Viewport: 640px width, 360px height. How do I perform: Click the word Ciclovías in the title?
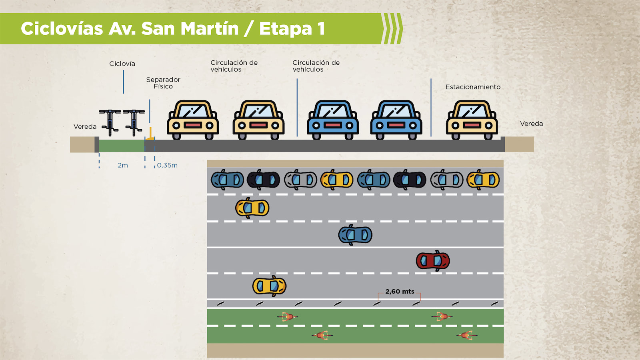pyautogui.click(x=62, y=29)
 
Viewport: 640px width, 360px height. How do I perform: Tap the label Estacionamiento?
pyautogui.click(x=473, y=87)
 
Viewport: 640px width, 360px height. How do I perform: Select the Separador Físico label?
pyautogui.click(x=163, y=83)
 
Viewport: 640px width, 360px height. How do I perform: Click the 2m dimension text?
pyautogui.click(x=123, y=165)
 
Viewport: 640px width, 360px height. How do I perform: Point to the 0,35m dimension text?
pyautogui.click(x=167, y=165)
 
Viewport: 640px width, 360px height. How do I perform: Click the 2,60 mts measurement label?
pyautogui.click(x=400, y=292)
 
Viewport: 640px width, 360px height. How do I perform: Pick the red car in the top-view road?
pyautogui.click(x=433, y=261)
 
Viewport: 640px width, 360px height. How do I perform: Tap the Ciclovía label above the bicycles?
pyautogui.click(x=122, y=64)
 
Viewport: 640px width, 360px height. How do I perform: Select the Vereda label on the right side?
pyautogui.click(x=531, y=124)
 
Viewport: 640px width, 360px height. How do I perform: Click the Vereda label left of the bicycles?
pyautogui.click(x=85, y=126)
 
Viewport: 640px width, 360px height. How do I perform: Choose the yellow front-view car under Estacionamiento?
pyautogui.click(x=472, y=119)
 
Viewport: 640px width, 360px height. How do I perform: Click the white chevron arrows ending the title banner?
pyautogui.click(x=392, y=29)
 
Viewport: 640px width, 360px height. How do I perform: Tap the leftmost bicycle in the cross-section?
pyautogui.click(x=110, y=122)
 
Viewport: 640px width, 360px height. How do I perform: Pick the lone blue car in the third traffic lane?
pyautogui.click(x=355, y=235)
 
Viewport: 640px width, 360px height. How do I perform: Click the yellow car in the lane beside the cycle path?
pyautogui.click(x=269, y=286)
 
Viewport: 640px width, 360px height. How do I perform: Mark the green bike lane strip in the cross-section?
pyautogui.click(x=122, y=146)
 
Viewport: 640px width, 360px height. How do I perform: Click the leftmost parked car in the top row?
pyautogui.click(x=227, y=180)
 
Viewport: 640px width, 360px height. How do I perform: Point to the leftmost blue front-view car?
pyautogui.click(x=333, y=119)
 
